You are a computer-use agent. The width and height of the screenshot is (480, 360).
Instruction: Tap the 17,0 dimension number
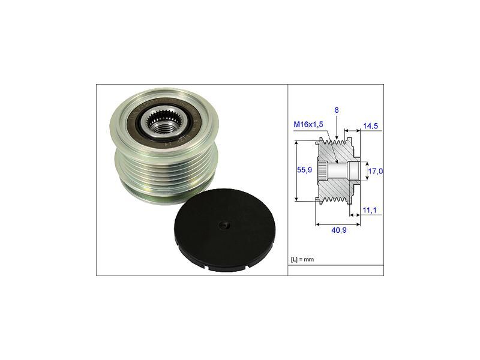[375, 171]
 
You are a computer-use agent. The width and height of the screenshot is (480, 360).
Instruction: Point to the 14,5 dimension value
[370, 127]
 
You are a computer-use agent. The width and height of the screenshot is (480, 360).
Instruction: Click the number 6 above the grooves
[337, 110]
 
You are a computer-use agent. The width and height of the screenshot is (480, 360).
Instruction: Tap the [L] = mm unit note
[302, 259]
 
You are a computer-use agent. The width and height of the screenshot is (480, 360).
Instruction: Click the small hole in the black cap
[224, 226]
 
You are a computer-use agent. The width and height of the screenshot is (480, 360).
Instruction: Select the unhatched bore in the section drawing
[342, 172]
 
